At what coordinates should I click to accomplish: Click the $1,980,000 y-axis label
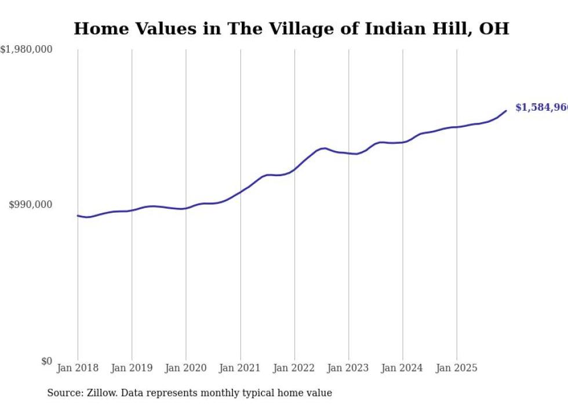point(27,50)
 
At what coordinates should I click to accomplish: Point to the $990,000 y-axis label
point(31,205)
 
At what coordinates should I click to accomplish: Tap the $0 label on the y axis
point(46,361)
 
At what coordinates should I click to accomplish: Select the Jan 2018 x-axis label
point(78,368)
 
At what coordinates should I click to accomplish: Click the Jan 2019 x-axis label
point(132,368)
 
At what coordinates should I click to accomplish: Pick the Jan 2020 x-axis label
point(186,368)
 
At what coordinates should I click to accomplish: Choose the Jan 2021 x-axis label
point(240,368)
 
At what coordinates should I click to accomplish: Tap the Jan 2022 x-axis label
point(294,368)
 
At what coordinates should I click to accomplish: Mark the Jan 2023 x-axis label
point(348,368)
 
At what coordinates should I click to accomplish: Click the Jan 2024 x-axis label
point(403,368)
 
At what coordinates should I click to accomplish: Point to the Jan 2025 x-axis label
point(457,368)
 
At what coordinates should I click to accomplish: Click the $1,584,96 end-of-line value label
point(541,107)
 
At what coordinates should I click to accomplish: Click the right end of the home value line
point(506,111)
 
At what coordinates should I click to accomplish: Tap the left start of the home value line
point(78,216)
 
